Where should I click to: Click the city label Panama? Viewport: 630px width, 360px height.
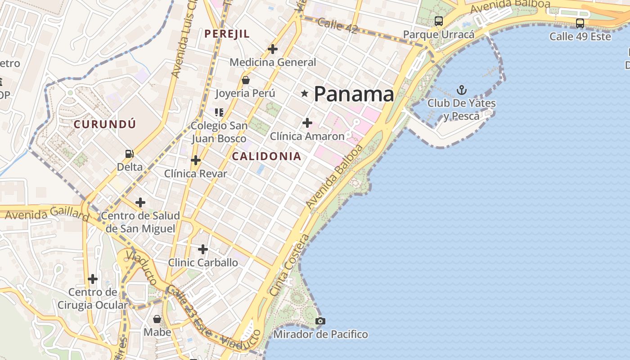pyautogui.click(x=354, y=94)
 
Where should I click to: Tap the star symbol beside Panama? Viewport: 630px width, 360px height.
pyautogui.click(x=305, y=94)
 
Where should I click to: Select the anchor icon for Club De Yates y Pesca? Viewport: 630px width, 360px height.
pyautogui.click(x=461, y=90)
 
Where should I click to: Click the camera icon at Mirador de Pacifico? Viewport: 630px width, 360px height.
pyautogui.click(x=320, y=321)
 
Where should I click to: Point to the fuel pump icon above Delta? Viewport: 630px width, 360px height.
pyautogui.click(x=130, y=154)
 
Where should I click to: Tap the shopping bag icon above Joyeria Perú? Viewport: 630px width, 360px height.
pyautogui.click(x=246, y=81)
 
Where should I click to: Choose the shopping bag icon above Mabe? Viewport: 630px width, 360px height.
pyautogui.click(x=157, y=319)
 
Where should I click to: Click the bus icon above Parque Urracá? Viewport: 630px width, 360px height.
pyautogui.click(x=438, y=21)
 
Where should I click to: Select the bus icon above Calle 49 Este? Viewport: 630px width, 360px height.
pyautogui.click(x=580, y=23)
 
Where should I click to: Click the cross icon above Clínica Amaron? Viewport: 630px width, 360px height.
pyautogui.click(x=307, y=122)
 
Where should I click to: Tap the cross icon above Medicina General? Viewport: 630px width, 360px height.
pyautogui.click(x=273, y=49)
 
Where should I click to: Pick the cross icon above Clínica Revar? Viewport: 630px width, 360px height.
pyautogui.click(x=195, y=160)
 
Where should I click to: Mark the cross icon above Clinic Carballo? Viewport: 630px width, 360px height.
pyautogui.click(x=203, y=249)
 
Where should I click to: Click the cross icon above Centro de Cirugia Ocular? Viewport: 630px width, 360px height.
pyautogui.click(x=93, y=279)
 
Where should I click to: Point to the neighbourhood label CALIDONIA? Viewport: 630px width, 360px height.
pyautogui.click(x=266, y=156)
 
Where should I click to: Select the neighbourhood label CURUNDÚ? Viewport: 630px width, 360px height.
pyautogui.click(x=105, y=124)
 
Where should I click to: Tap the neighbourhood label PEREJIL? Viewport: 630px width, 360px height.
pyautogui.click(x=227, y=34)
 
